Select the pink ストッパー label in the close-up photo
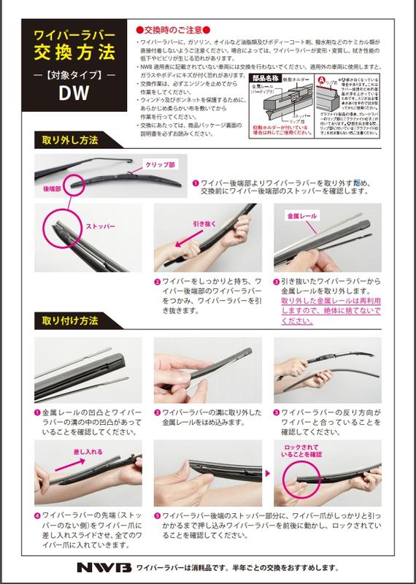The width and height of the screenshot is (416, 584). coord(101,227)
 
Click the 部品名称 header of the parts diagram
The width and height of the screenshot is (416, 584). coord(266,75)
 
